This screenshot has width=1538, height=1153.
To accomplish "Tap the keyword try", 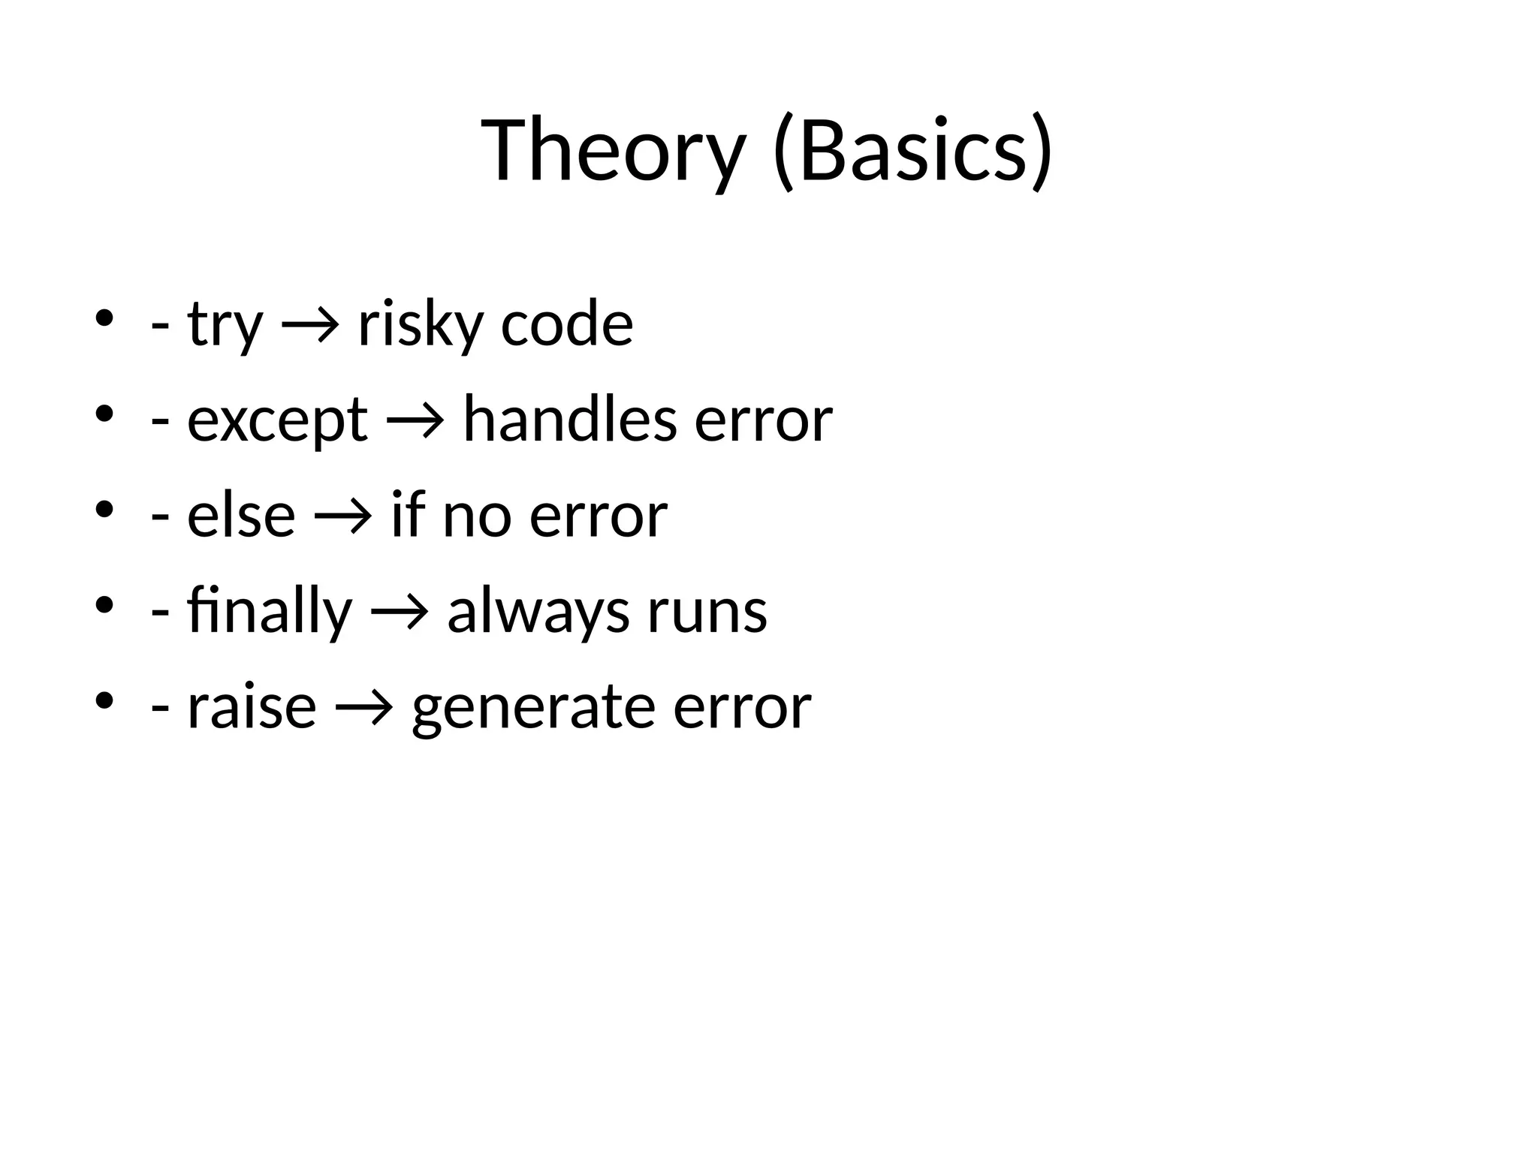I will pyautogui.click(x=225, y=324).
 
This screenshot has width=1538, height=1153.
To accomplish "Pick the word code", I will pyautogui.click(x=566, y=324).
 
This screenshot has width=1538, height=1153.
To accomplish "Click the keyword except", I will pyautogui.click(x=277, y=420).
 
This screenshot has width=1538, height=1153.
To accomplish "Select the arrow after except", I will pyautogui.click(x=415, y=421).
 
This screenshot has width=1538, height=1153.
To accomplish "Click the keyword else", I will pyautogui.click(x=240, y=516).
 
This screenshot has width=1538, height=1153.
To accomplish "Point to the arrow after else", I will pyautogui.click(x=343, y=516).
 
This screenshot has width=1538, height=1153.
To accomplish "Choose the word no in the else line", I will pyautogui.click(x=477, y=516).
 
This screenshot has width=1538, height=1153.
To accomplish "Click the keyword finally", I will pyautogui.click(x=269, y=611).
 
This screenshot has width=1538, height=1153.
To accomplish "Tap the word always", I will pyautogui.click(x=538, y=611).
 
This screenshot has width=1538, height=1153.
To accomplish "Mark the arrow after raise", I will pyautogui.click(x=364, y=707).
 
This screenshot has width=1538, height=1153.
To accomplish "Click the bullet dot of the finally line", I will pyautogui.click(x=104, y=604).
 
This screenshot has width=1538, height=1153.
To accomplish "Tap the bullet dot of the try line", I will pyautogui.click(x=104, y=318).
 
